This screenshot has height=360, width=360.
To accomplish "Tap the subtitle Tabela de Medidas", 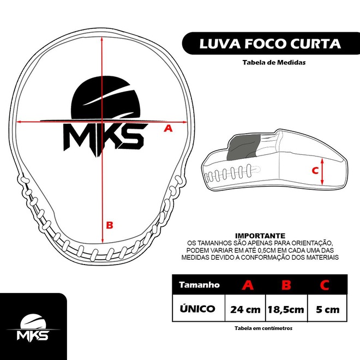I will click(x=274, y=62).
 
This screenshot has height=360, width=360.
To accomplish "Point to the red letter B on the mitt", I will click(x=109, y=224).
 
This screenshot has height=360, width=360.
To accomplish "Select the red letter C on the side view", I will click(x=315, y=170).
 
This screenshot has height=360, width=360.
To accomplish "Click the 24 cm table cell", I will click(x=245, y=309).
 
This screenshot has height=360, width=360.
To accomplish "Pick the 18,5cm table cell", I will click(x=285, y=309).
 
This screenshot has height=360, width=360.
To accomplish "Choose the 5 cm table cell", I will click(x=327, y=309).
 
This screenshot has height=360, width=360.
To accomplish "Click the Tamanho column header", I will click(x=199, y=285).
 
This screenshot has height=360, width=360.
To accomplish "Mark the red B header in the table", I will click(x=285, y=285).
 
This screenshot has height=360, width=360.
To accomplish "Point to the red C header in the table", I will click(x=325, y=285).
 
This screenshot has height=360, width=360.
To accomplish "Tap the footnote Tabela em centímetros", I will click(x=263, y=328).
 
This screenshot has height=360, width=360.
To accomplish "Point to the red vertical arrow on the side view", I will click(x=323, y=171).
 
